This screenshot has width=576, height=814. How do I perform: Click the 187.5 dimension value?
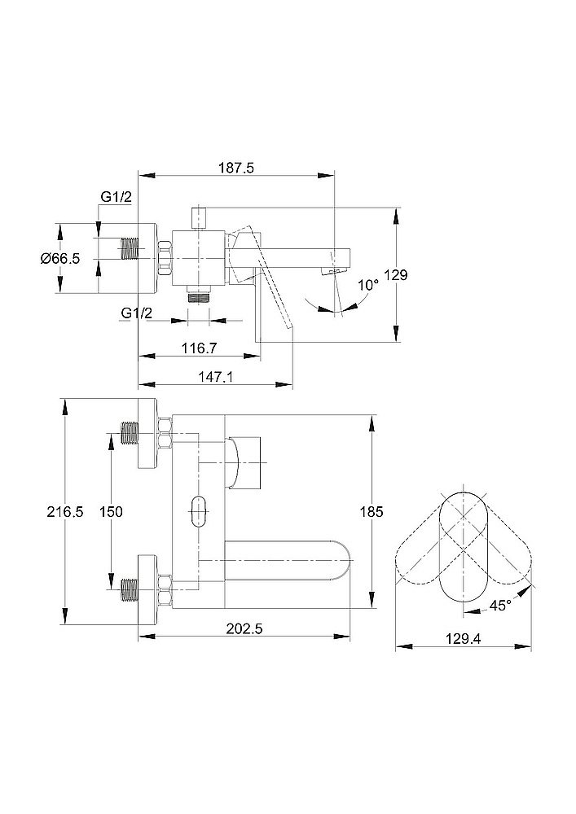point(235,168)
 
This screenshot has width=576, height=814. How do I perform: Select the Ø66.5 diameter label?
point(60,258)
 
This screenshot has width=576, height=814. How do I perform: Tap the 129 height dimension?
point(396,274)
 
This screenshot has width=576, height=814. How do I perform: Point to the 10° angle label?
point(369,284)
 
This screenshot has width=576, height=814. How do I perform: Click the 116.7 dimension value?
point(199,348)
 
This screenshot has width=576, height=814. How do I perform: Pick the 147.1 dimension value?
point(215,376)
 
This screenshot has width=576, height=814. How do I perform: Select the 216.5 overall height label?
point(65,512)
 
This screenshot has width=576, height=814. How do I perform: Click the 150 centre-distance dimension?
point(111,512)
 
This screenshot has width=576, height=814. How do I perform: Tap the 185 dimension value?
point(372,512)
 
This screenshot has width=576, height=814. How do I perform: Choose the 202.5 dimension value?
point(244,628)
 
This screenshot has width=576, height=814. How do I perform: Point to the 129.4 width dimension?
point(464,638)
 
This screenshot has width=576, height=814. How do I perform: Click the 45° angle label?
point(500,606)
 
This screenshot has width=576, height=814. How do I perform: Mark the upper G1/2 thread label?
point(117,197)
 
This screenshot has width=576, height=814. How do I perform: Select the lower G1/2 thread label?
point(137,313)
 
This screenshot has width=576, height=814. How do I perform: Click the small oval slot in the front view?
point(199,512)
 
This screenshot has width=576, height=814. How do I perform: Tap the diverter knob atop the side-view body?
point(199,218)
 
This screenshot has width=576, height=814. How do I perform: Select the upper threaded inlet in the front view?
point(130,433)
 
